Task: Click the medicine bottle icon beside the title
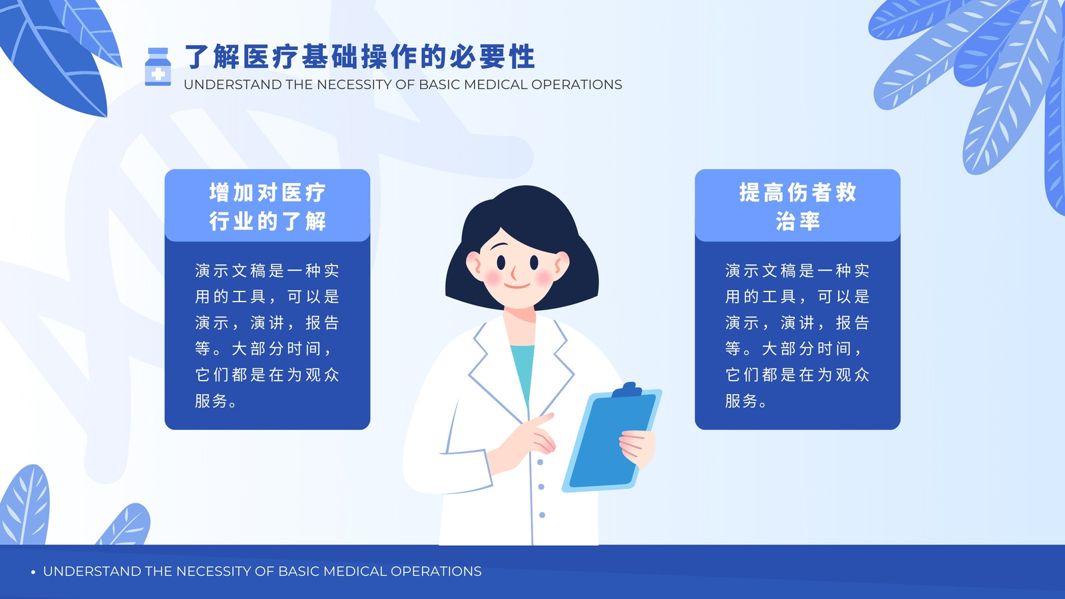point(158,67)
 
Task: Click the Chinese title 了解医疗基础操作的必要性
point(360,57)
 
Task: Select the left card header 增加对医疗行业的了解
point(267,207)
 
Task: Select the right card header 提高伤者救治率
point(797,207)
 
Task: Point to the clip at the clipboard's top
point(628,390)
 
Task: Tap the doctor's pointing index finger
point(542,420)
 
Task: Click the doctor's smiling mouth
point(517,286)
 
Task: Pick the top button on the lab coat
point(540,462)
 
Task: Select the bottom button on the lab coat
point(542,515)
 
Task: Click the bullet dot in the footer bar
point(33,572)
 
